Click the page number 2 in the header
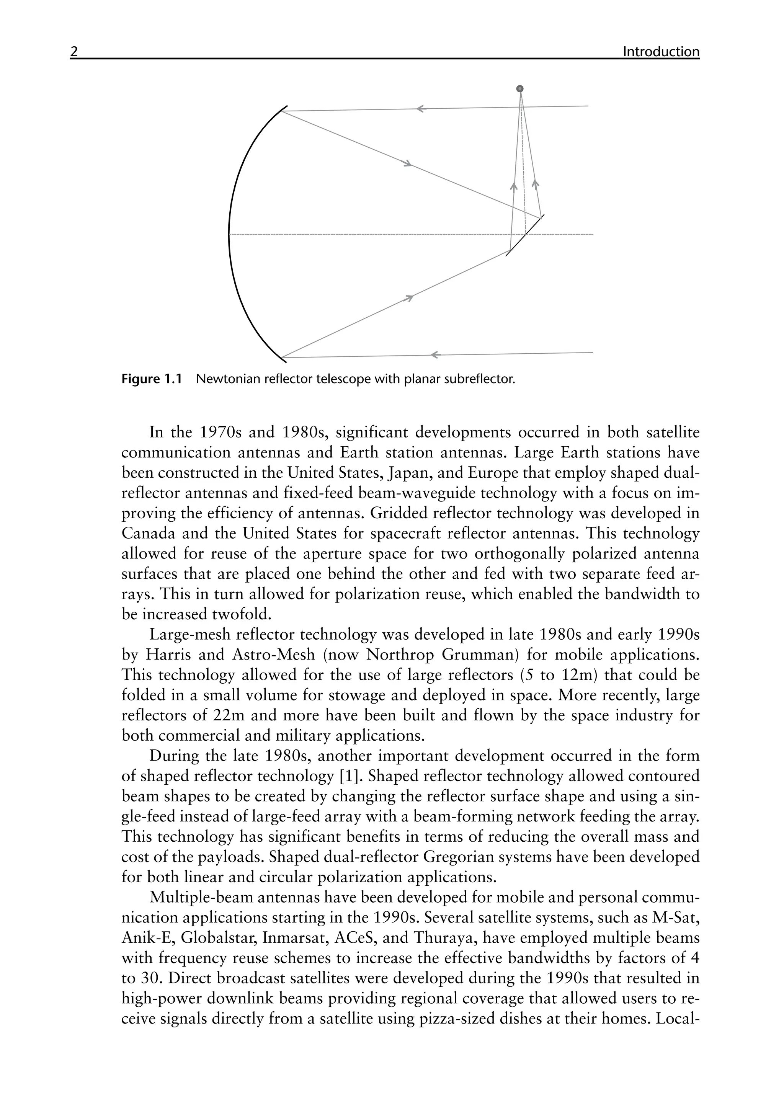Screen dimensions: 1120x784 73,52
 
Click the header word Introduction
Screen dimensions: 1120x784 661,52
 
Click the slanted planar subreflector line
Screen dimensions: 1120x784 525,235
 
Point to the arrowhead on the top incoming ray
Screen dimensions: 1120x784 421,109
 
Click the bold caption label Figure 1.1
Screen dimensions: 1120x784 151,379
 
